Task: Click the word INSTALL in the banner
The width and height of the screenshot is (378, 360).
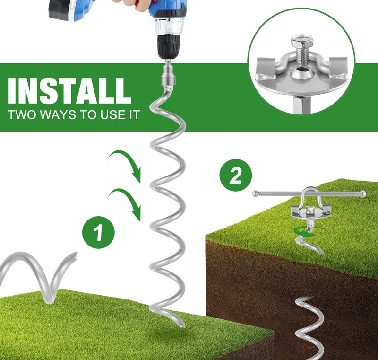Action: click(69, 91)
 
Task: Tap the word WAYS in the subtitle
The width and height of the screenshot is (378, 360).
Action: click(57, 114)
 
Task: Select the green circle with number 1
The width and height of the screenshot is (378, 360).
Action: click(98, 232)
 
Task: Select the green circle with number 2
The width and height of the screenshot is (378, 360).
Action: click(235, 175)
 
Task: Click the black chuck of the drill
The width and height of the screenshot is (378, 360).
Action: click(169, 47)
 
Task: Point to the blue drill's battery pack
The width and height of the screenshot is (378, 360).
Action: click(62, 10)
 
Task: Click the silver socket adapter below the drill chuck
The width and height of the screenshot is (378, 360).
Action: click(168, 74)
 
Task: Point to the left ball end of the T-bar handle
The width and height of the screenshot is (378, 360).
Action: click(255, 193)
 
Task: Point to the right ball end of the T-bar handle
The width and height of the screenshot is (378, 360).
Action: click(362, 193)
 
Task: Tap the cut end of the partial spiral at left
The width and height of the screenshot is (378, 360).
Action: click(76, 256)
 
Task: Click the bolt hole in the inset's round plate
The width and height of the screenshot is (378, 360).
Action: click(301, 70)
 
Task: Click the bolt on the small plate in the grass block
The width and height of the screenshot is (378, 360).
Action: click(309, 211)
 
